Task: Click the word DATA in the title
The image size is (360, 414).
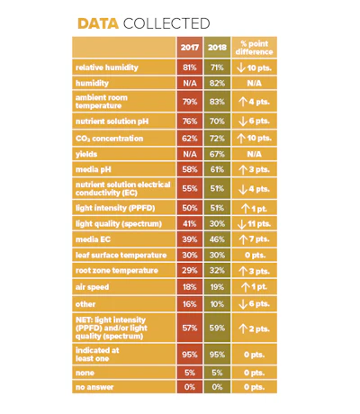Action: click(x=98, y=23)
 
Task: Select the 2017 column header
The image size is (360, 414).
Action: click(x=190, y=48)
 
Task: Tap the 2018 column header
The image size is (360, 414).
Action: click(x=217, y=48)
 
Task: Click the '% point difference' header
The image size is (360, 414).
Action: click(x=254, y=48)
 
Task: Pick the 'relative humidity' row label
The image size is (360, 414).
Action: click(x=107, y=67)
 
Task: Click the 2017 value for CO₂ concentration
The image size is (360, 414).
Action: click(x=190, y=139)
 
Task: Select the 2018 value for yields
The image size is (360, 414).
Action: click(x=217, y=154)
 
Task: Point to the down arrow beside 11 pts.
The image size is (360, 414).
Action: click(x=242, y=224)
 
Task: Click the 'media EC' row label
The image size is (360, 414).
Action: click(x=93, y=239)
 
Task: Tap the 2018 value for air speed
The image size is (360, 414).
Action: click(x=217, y=287)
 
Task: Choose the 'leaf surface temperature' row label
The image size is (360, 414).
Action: click(x=121, y=256)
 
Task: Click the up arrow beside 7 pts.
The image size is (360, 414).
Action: click(x=243, y=239)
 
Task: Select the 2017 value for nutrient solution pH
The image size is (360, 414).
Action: click(x=190, y=121)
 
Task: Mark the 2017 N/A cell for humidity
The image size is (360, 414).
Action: click(x=190, y=83)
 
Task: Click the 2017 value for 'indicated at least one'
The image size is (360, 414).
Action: click(x=190, y=355)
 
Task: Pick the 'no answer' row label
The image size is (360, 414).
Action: click(x=94, y=387)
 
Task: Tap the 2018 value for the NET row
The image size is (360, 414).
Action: click(x=217, y=328)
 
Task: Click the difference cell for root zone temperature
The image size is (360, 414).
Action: click(x=254, y=271)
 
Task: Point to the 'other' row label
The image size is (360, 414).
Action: click(x=85, y=304)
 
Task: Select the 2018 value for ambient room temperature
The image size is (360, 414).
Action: click(x=217, y=102)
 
